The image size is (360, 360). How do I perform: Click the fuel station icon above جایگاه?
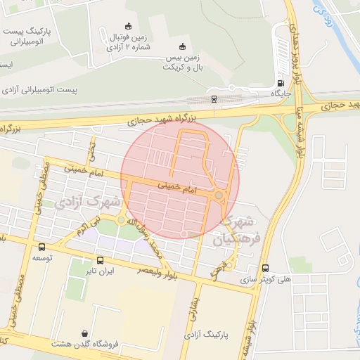[x=281, y=81]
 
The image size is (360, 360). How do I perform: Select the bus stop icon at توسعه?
[x=41, y=247]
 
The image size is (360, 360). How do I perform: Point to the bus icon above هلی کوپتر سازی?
[x=265, y=268]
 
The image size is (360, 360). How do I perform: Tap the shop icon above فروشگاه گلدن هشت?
[x=85, y=333]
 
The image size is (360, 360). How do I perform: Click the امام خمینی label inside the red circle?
[x=174, y=187]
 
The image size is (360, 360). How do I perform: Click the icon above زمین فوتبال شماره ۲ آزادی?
[x=127, y=26]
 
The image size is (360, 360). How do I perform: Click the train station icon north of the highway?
[x=214, y=99]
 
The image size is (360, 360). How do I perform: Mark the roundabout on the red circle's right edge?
[x=219, y=195]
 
